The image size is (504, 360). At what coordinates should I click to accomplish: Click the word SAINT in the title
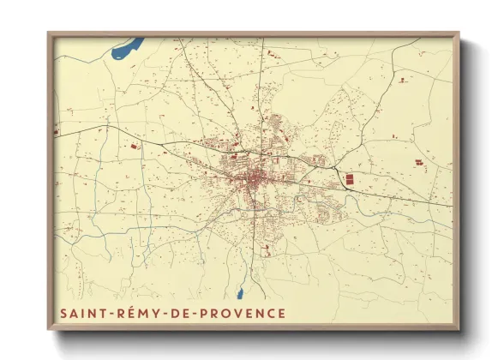pos(82,313)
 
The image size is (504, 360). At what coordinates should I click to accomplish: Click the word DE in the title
pos(182,313)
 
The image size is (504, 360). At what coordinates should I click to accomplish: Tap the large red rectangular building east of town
pos(349,179)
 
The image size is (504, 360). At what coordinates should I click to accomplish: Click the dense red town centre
pos(255,180)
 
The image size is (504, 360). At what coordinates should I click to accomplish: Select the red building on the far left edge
pos(56,133)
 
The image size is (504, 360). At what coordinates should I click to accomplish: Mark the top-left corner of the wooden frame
pos(48,33)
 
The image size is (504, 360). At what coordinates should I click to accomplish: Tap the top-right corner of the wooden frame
pos(459,33)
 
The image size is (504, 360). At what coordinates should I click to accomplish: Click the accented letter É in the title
pos(132,313)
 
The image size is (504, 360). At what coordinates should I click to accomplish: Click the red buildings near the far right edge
pos(420,161)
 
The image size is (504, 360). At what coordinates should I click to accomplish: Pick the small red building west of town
pos(135,148)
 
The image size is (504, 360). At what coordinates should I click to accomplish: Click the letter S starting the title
pos(63,313)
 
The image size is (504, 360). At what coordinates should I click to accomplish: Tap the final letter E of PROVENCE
pos(281,313)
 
